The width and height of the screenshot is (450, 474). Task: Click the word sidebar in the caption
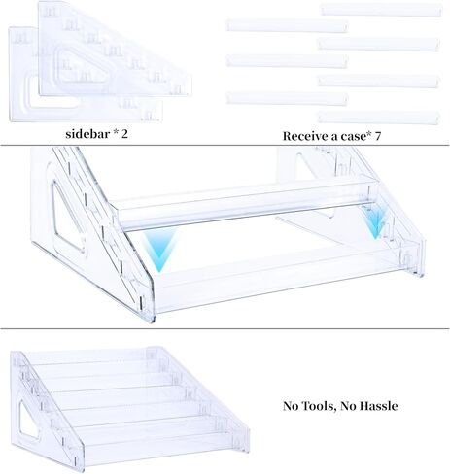87,134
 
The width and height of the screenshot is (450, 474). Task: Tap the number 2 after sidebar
124,134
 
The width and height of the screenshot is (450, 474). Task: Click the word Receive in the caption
304,136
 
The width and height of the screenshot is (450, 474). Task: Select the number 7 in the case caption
377,136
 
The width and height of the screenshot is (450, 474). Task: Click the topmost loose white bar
381,10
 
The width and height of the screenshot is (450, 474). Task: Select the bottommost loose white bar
378,117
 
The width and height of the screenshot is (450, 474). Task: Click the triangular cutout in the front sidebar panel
83,65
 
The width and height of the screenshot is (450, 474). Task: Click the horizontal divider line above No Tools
225,329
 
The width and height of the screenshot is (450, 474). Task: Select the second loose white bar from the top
287,25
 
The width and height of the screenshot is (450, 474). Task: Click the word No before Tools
291,406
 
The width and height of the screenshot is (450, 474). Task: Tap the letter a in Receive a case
331,137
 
